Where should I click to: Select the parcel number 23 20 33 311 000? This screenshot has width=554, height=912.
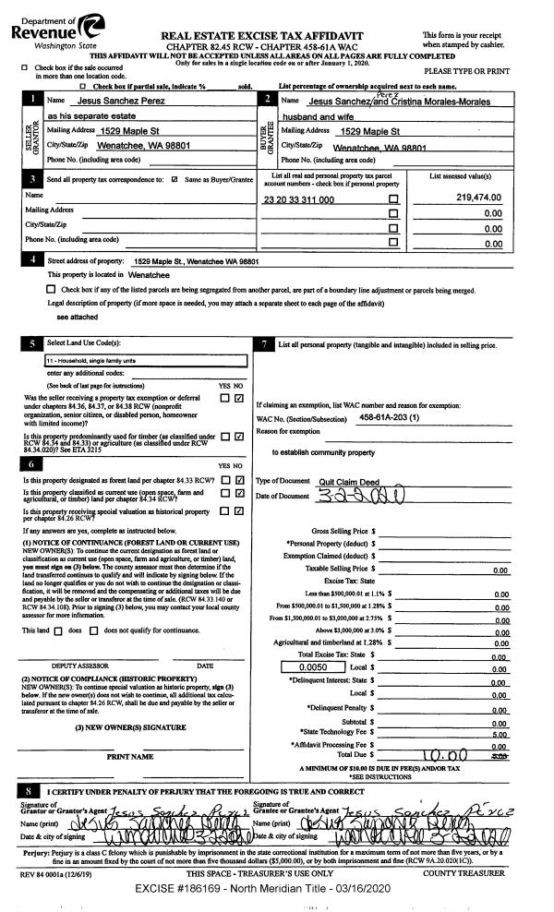(x=299, y=199)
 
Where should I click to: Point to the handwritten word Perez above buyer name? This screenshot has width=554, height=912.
(x=384, y=91)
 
